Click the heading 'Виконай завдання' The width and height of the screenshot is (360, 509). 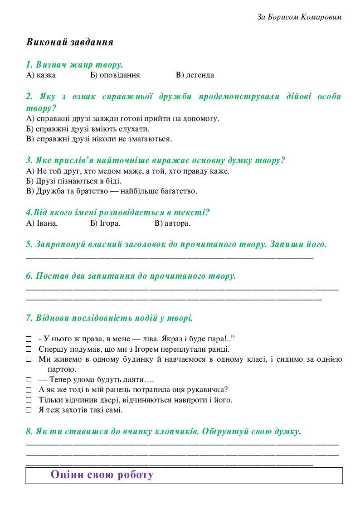pos(70,42)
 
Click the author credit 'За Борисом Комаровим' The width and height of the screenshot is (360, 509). pos(299,17)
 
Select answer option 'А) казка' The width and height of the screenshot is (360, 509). pos(41,75)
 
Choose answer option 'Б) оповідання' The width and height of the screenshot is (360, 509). pos(115,75)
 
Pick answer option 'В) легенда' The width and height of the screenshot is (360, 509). pos(195,75)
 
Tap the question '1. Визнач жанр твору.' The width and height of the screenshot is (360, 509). pos(75,64)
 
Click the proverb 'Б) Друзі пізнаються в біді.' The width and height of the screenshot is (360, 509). pos(74,181)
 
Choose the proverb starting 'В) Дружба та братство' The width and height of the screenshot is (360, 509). pos(112,191)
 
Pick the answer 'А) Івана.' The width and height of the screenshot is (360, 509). pos(42,223)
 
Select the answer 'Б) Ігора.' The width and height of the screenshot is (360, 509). pos(105,223)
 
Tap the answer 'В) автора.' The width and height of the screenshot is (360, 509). pos(172,223)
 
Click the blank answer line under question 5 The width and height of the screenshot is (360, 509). pos(170,257)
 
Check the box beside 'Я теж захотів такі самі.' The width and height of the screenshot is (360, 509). pos(29,410)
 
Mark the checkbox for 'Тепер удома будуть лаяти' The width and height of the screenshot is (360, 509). pos(29,379)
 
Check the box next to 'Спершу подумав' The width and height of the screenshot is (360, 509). pos(29,349)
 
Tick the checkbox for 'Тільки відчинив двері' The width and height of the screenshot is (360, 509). pos(29,400)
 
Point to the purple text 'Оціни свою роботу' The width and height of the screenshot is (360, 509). pos(102,475)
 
